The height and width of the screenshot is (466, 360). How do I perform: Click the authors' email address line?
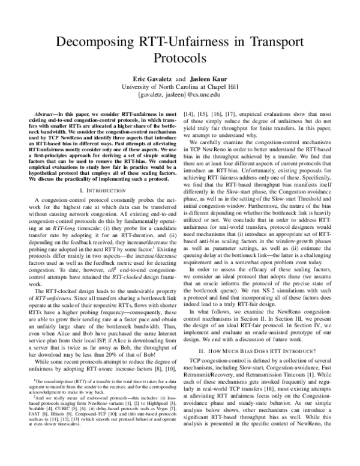click(x=181, y=95)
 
